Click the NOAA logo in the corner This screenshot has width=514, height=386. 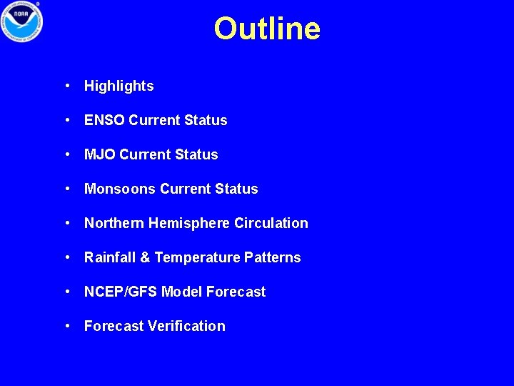pos(22,22)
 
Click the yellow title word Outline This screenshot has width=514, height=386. pos(267,29)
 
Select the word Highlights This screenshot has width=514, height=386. pos(119,86)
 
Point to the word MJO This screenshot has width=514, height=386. pos(100,154)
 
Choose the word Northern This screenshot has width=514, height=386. pos(114,223)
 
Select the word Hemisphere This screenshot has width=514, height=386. pos(189,223)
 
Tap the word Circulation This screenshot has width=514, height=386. pos(271,223)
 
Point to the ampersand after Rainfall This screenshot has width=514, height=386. pos(145,257)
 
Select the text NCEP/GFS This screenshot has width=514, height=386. pos(121,292)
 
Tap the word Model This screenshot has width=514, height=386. pos(182,292)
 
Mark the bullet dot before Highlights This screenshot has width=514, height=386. pos(66,86)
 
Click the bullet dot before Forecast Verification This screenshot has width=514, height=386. pos(66,326)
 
